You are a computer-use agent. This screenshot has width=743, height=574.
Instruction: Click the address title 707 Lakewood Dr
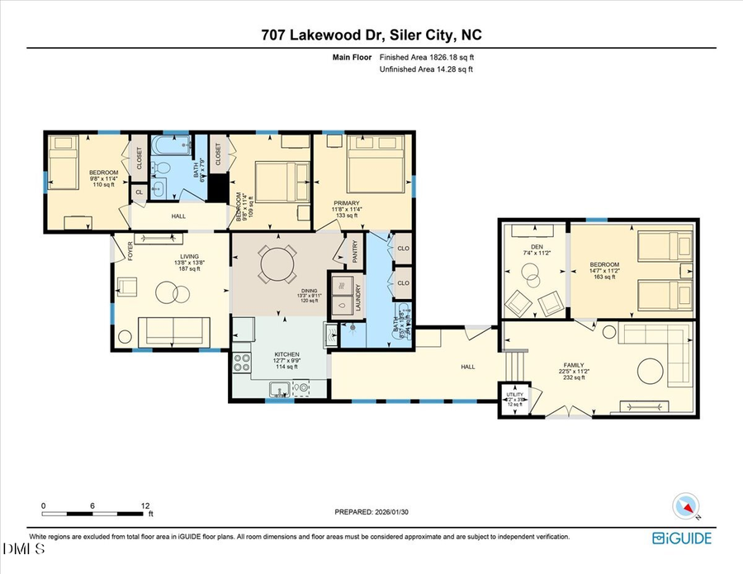coord(371,35)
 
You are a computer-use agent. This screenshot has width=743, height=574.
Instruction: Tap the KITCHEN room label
coord(286,353)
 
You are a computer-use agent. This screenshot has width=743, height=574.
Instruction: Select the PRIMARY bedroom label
coord(346,202)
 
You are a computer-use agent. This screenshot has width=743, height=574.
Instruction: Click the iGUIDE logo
coord(682,538)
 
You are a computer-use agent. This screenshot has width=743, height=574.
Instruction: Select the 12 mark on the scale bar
coord(144,505)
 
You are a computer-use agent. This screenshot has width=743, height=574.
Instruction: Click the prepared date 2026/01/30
coord(371,512)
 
